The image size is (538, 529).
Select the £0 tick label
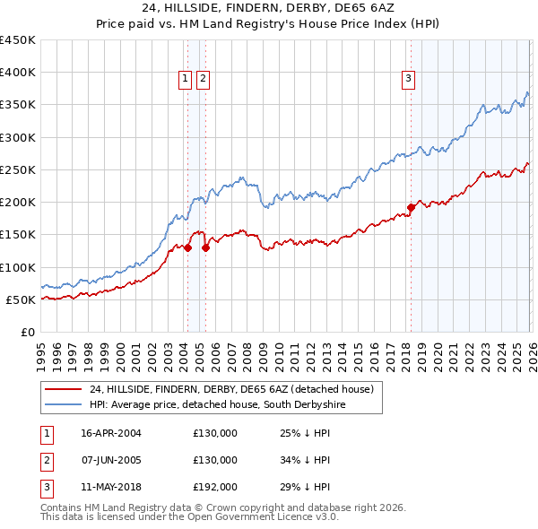coord(27,332)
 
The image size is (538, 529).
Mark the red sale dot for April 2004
coord(188,247)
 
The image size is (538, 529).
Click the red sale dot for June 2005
coord(206,247)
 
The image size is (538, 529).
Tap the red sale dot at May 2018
coord(411,207)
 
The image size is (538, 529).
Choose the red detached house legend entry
coord(233,389)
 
